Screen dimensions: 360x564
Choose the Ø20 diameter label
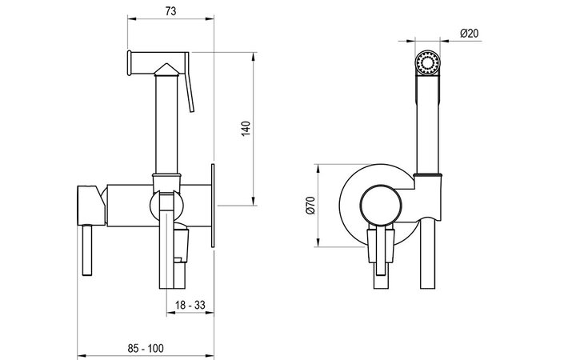tap(470, 32)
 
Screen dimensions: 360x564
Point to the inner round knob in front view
tap(378, 206)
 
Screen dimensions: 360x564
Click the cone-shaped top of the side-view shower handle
tap(167, 70)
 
